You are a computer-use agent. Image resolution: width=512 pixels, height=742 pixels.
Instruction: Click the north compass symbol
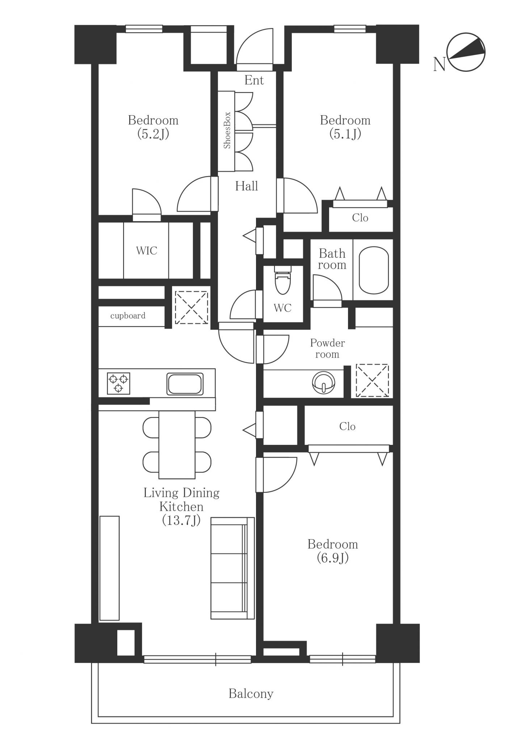466,52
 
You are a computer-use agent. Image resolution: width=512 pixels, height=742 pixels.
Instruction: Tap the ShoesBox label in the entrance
227,130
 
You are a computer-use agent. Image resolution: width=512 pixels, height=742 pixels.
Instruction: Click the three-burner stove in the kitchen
118,383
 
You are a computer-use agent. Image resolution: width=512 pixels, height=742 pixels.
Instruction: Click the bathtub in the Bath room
374,270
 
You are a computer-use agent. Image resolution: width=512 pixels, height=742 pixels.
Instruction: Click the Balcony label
251,693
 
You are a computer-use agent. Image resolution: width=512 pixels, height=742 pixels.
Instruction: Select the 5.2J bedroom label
153,127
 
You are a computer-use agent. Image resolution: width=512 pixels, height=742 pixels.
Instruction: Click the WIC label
147,250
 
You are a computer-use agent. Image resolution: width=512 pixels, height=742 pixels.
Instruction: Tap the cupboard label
128,316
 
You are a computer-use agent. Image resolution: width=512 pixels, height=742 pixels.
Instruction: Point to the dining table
177,445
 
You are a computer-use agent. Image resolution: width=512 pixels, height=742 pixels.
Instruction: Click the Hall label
247,186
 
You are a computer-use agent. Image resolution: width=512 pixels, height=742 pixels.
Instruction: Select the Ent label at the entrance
254,80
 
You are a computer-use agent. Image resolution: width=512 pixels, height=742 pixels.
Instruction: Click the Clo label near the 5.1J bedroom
360,218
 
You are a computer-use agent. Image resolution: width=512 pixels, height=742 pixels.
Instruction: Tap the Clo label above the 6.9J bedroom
347,426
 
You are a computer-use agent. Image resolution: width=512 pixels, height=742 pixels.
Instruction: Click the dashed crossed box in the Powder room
372,380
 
